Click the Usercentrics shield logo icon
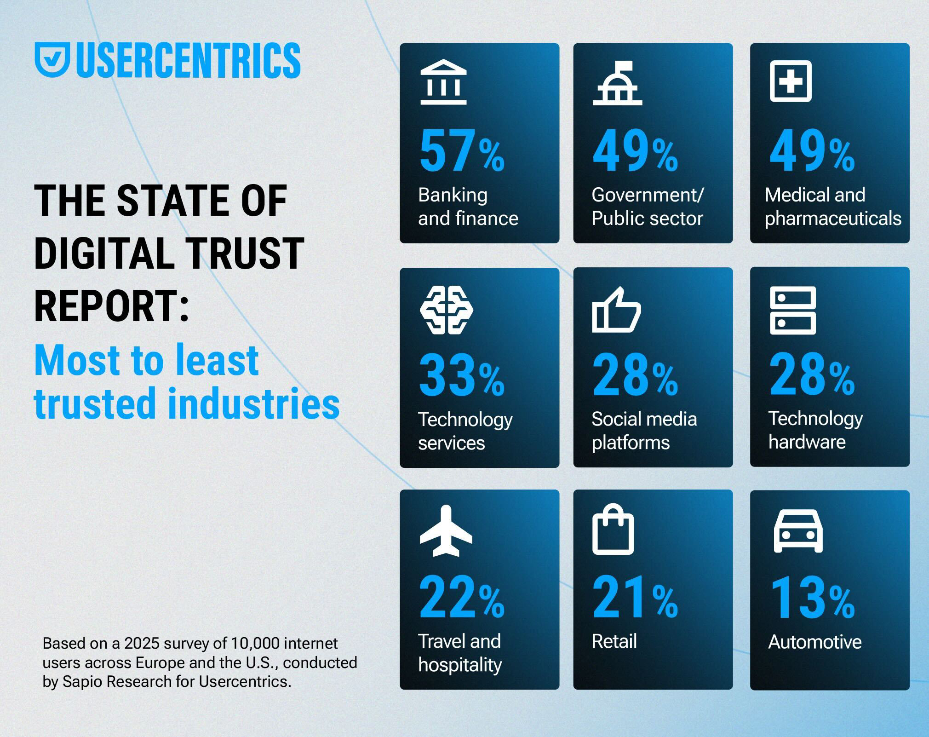pos(52,60)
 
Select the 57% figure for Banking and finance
pos(461,151)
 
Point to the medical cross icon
pos(791,81)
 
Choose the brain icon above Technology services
pos(446,310)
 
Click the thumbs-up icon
pos(616,310)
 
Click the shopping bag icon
pos(613,530)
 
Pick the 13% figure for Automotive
pos(812,598)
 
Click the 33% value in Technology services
pos(461,375)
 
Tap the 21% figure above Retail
pos(635,598)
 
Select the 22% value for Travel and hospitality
pos(461,598)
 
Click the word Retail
pos(614,641)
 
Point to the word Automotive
pos(814,642)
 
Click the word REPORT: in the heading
pos(112,305)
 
